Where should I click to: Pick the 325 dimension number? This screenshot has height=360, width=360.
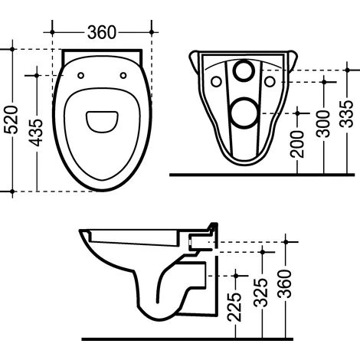coord(262,290)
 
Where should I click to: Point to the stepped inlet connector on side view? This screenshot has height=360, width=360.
coord(208,231)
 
